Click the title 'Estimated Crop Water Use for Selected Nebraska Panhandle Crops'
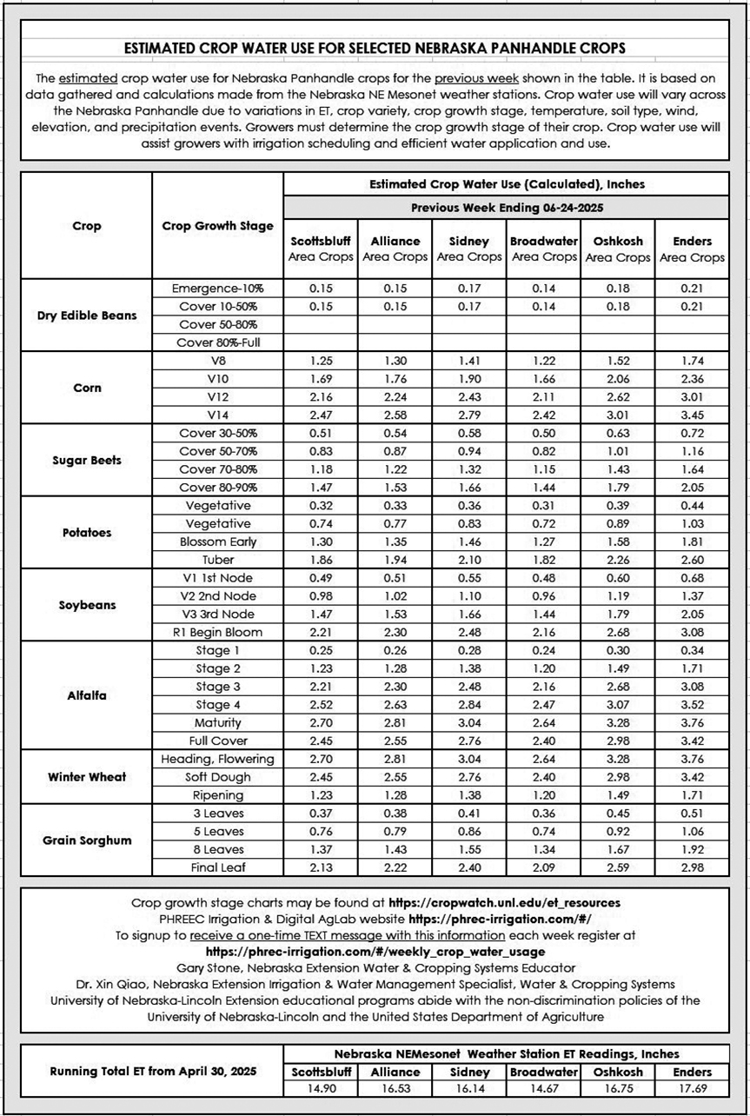(375, 47)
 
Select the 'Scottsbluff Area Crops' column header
(321, 249)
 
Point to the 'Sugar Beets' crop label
(86, 460)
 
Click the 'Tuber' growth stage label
(217, 559)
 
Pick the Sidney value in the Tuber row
(468, 559)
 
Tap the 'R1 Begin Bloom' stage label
(217, 632)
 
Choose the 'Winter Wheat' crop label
(86, 776)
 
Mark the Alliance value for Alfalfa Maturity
(395, 722)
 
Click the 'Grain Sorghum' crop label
(86, 840)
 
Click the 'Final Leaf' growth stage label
(217, 867)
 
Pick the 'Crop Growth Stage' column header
(217, 226)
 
